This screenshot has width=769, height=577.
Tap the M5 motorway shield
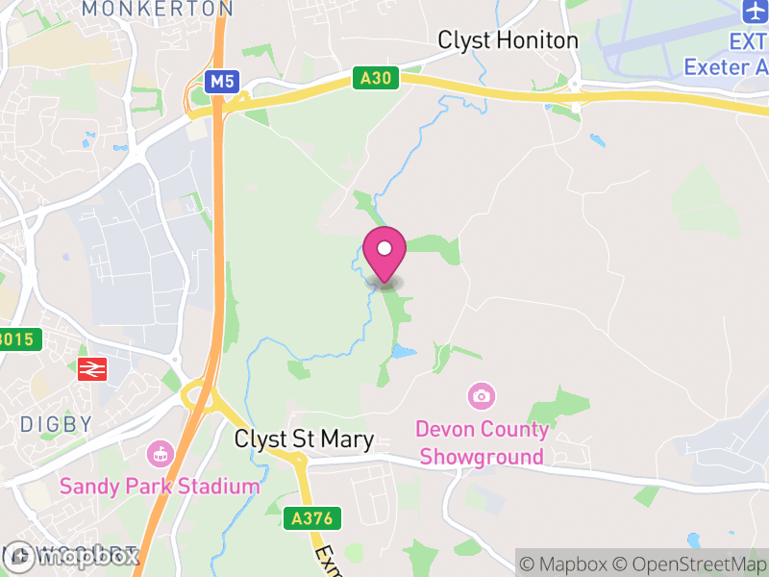[x=222, y=82]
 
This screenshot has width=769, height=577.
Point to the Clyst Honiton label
[x=508, y=40]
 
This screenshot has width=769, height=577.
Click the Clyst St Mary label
[x=304, y=439]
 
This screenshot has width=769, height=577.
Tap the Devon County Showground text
[x=482, y=442]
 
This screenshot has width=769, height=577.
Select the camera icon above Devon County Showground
[x=482, y=395]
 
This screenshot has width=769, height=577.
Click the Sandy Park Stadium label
[x=160, y=486]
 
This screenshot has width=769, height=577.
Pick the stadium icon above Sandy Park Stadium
[x=160, y=452]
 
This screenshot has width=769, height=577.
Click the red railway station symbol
[x=91, y=368]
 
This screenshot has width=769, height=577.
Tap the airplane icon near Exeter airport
[x=755, y=13]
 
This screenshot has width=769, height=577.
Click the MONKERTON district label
[x=157, y=9]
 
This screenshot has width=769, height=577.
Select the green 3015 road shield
[x=19, y=339]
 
